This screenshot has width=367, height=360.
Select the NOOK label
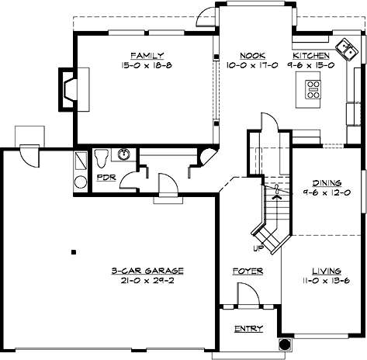[248, 56]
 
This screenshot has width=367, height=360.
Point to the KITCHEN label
[311, 56]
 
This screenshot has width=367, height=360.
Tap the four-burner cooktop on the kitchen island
[313, 91]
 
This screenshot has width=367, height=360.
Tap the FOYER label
[248, 271]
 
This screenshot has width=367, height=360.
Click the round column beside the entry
[285, 343]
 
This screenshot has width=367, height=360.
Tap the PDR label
[106, 178]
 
